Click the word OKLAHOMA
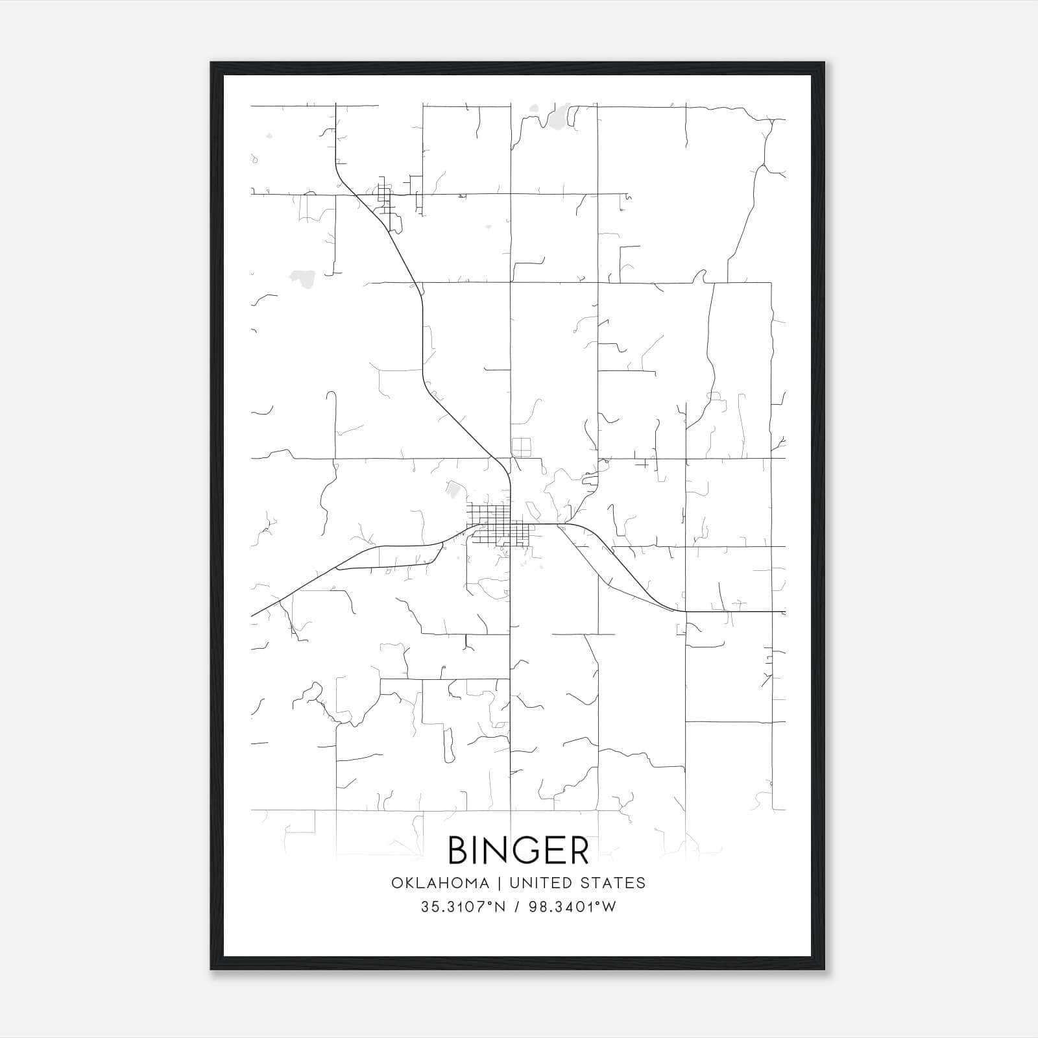439,883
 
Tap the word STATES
613,883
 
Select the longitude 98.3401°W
572,907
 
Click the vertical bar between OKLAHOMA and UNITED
500,883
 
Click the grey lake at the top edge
557,118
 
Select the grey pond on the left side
302,277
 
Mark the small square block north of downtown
521,447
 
